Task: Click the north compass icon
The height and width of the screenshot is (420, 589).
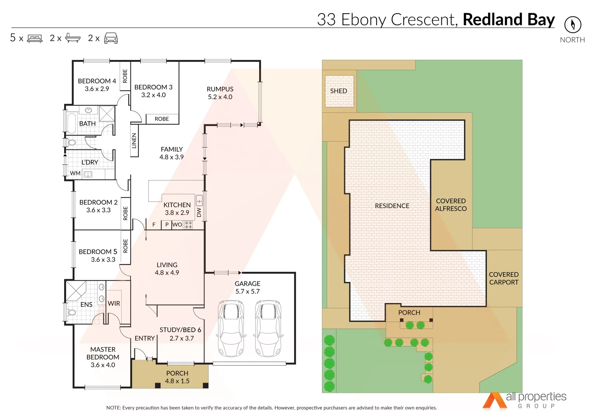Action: [572, 24]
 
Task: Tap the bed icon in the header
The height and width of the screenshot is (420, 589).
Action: [35, 38]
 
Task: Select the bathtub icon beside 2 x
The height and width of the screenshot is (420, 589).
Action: [73, 38]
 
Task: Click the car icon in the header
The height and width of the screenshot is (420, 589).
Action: [111, 38]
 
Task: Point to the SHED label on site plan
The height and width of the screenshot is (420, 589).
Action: [338, 91]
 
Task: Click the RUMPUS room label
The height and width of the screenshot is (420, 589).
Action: [220, 89]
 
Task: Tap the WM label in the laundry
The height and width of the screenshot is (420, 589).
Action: [75, 173]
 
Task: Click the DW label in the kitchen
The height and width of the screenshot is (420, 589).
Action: [199, 212]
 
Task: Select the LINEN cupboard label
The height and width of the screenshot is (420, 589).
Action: [134, 141]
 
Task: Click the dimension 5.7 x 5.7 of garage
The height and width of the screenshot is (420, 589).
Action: [247, 292]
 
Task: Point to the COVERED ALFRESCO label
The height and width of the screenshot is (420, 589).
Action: [451, 205]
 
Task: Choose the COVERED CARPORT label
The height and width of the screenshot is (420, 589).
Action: [504, 278]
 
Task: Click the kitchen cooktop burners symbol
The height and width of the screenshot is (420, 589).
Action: [188, 225]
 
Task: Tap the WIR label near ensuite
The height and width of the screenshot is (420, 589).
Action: [114, 303]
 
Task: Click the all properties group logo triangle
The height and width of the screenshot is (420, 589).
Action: [494, 401]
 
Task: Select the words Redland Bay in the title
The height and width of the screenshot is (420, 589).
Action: [509, 19]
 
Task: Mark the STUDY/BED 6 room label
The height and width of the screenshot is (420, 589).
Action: [180, 330]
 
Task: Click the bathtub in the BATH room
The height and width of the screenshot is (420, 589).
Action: [71, 123]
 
